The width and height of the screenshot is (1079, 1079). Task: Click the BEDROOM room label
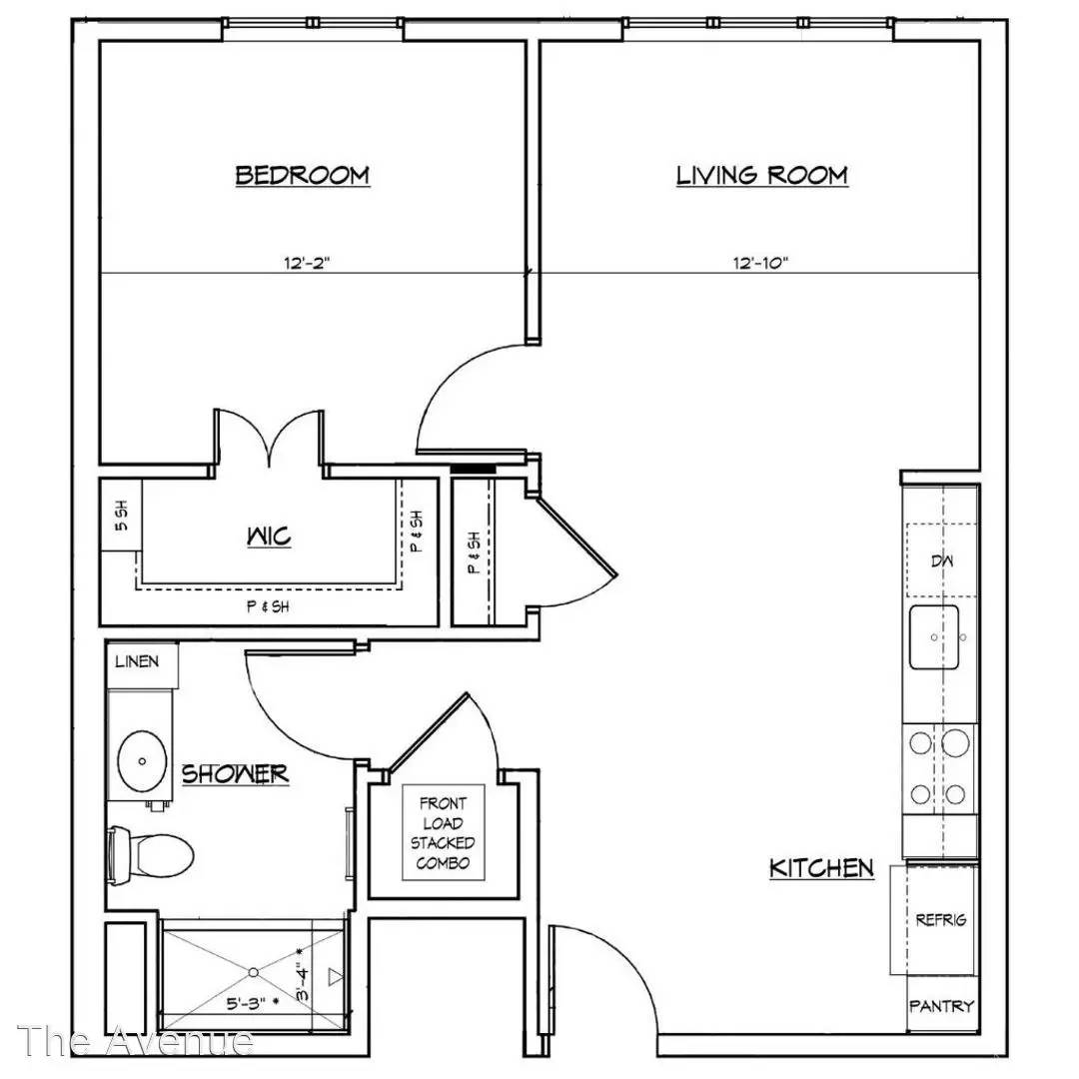pyautogui.click(x=302, y=175)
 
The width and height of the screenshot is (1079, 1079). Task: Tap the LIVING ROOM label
pyautogui.click(x=761, y=175)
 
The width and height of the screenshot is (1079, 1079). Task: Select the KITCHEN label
pyautogui.click(x=821, y=868)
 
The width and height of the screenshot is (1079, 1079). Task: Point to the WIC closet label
pyautogui.click(x=269, y=537)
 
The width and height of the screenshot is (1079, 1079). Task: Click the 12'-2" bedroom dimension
pyautogui.click(x=307, y=262)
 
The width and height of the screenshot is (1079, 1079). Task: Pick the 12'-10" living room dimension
pyautogui.click(x=760, y=262)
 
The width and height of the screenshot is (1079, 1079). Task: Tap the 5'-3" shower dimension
pyautogui.click(x=247, y=1003)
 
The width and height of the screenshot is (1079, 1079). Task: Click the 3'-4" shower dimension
pyautogui.click(x=303, y=984)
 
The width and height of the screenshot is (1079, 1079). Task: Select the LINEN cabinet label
pyautogui.click(x=137, y=661)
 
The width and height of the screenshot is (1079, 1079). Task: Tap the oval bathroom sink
pyautogui.click(x=142, y=761)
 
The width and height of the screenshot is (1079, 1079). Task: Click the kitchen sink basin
pyautogui.click(x=934, y=637)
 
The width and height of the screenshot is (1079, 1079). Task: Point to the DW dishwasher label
pyautogui.click(x=942, y=560)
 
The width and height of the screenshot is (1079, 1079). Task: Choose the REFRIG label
pyautogui.click(x=941, y=919)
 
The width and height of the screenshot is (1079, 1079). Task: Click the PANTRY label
pyautogui.click(x=941, y=1006)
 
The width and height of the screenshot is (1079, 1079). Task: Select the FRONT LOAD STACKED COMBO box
pyautogui.click(x=444, y=832)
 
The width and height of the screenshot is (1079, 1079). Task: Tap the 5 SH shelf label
pyautogui.click(x=121, y=516)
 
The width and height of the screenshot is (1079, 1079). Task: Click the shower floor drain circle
pyautogui.click(x=253, y=972)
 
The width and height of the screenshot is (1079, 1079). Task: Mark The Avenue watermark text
pyautogui.click(x=135, y=1040)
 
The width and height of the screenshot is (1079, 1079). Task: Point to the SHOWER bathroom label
pyautogui.click(x=235, y=774)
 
